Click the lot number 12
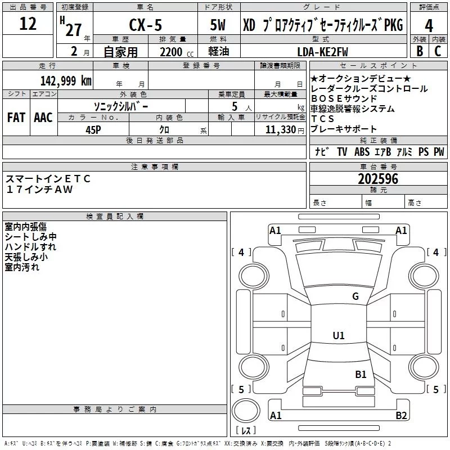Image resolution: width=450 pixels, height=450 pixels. pos(28,24)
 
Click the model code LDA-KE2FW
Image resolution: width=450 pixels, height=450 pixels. pos(323,52)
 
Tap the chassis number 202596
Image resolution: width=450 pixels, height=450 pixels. pos(378,179)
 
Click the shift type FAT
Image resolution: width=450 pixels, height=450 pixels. pos(16,117)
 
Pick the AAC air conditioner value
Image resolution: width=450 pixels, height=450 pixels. pos(43,117)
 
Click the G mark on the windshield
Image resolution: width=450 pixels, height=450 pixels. pos(355,296)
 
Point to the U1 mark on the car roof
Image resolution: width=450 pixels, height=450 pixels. pos(338,336)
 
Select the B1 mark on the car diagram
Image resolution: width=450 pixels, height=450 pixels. pos(361,374)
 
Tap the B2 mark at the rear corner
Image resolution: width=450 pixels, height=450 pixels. pos(401,416)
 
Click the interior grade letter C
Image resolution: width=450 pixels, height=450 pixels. pos(437,51)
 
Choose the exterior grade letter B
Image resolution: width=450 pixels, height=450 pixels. pos(419,51)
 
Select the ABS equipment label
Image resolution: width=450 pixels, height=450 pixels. pos(362,152)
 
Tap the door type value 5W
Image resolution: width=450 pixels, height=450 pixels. pos(219,25)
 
